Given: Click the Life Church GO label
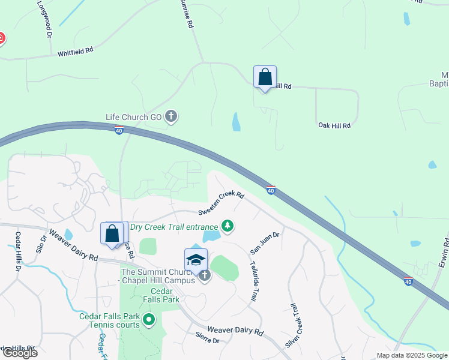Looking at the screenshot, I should click(x=134, y=117).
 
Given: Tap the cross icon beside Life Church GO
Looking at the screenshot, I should click(x=171, y=116).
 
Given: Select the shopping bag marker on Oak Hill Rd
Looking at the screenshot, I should click(x=265, y=78).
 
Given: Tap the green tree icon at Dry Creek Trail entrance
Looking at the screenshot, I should click(x=227, y=226).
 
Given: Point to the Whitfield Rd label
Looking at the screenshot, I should click(x=75, y=53).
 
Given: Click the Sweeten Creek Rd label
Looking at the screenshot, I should click(x=221, y=203).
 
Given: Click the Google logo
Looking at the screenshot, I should click(x=19, y=353).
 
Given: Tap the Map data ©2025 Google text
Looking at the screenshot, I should click(x=412, y=355).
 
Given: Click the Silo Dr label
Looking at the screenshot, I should click(x=42, y=243).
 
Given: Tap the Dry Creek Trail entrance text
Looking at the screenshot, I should click(x=174, y=227).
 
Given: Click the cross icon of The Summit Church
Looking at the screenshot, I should click(x=205, y=276).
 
